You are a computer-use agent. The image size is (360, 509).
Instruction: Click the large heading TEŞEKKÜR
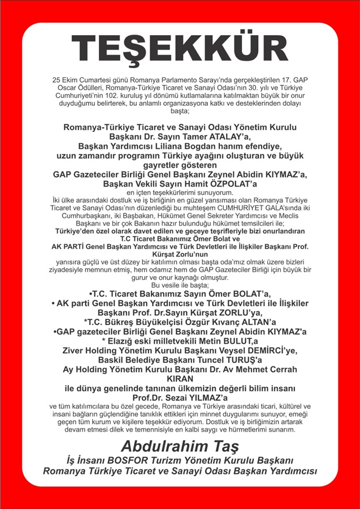click(180, 49)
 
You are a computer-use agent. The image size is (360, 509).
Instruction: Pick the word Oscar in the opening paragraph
click(67, 88)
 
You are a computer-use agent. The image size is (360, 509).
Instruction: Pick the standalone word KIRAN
click(180, 378)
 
